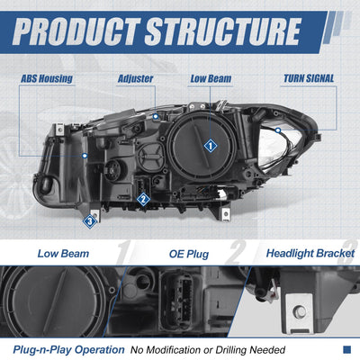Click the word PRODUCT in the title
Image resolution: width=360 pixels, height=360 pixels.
[76, 31]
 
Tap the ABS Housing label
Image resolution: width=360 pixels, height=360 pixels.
[47, 78]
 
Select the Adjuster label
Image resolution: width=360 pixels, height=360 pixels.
[135, 78]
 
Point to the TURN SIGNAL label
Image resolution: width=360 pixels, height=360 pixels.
[309, 78]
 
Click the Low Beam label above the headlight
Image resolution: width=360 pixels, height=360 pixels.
[211, 78]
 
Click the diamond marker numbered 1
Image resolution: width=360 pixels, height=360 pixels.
[211, 146]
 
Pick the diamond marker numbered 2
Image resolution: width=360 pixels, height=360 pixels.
[143, 199]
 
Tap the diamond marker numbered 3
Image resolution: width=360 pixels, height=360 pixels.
[90, 221]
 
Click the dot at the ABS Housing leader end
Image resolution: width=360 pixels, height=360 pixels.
[85, 156]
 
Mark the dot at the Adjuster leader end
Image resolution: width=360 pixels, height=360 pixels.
[156, 116]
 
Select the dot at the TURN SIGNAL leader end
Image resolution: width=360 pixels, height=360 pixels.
[278, 130]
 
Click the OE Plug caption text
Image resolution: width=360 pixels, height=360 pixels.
[189, 254]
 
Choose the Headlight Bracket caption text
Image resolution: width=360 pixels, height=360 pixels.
[310, 254]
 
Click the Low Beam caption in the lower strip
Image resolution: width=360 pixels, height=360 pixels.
[63, 254]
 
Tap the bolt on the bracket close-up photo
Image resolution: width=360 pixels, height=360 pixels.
[300, 311]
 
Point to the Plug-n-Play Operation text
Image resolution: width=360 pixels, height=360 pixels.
[68, 350]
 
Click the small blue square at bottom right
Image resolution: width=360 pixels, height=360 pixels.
[346, 349]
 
